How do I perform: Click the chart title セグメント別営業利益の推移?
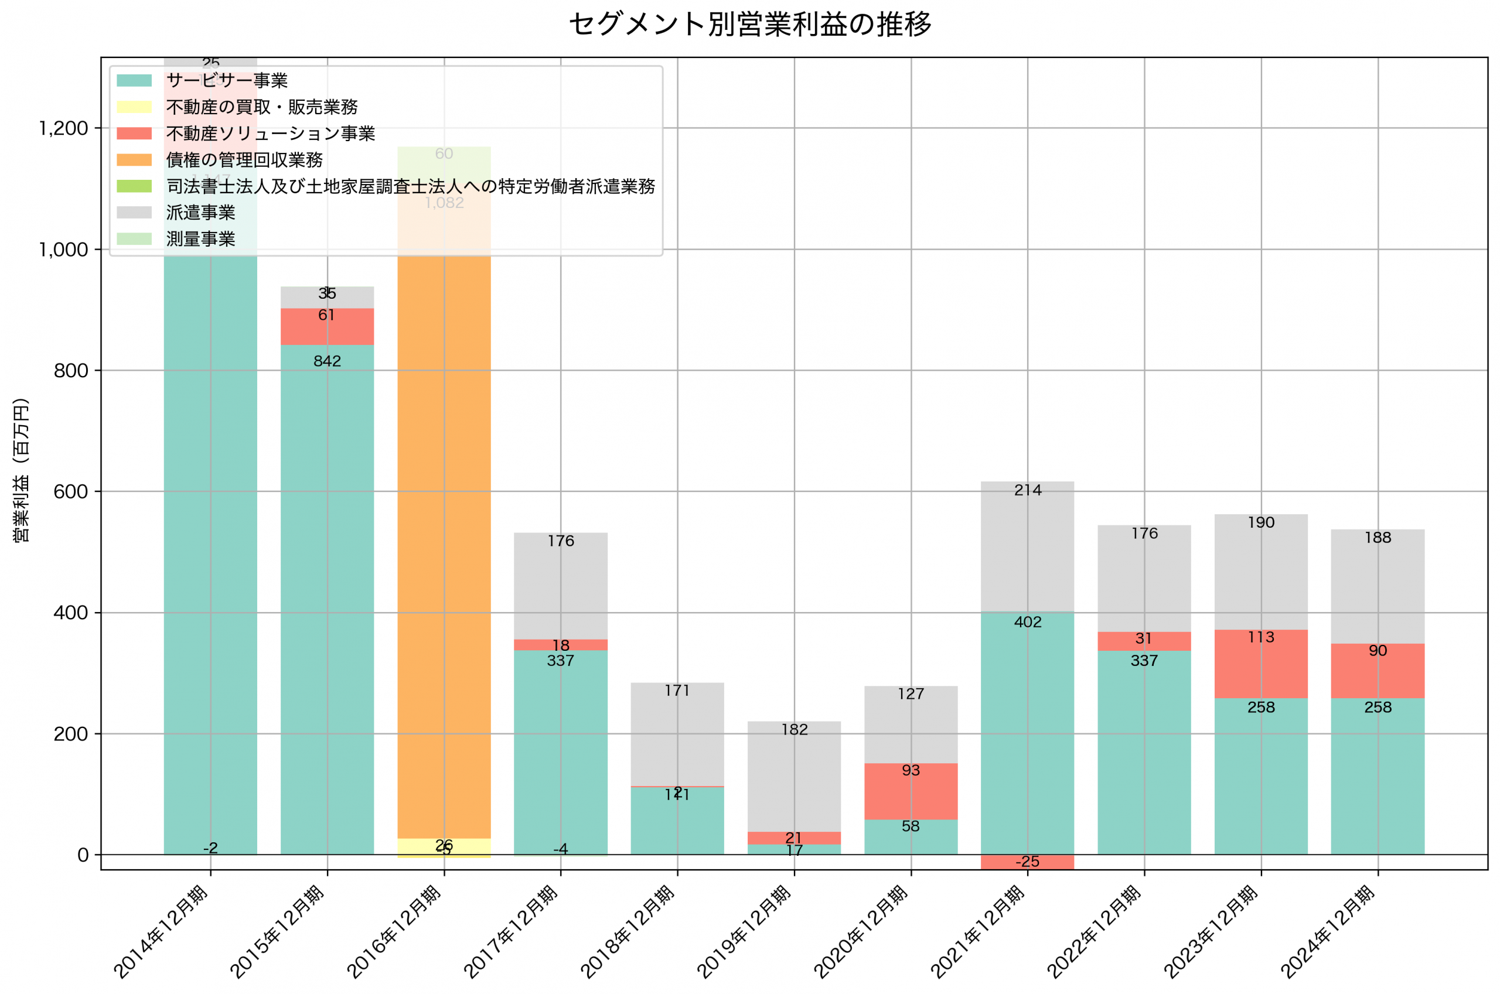(x=750, y=24)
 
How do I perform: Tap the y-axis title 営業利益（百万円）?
(x=21, y=470)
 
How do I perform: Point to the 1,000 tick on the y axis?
(x=63, y=250)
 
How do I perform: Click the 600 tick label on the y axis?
(x=70, y=492)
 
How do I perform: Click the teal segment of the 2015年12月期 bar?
(x=327, y=634)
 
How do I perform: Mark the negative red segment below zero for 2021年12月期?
(x=1027, y=862)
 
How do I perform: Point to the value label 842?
(x=327, y=361)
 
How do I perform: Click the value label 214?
(x=1027, y=490)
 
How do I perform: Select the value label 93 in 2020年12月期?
(x=911, y=770)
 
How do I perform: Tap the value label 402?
(x=1027, y=622)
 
